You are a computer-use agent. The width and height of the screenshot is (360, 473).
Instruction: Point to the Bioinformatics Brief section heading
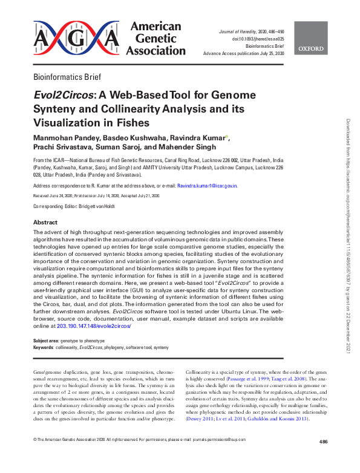click(71, 77)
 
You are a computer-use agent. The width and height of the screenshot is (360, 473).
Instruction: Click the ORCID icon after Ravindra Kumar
click(226, 137)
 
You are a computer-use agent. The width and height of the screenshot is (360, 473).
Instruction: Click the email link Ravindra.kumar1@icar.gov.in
click(207, 186)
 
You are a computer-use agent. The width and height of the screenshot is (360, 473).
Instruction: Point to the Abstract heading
click(45, 223)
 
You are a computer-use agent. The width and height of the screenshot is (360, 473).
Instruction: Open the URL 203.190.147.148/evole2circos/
click(93, 326)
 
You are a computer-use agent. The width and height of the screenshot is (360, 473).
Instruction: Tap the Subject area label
click(46, 341)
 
